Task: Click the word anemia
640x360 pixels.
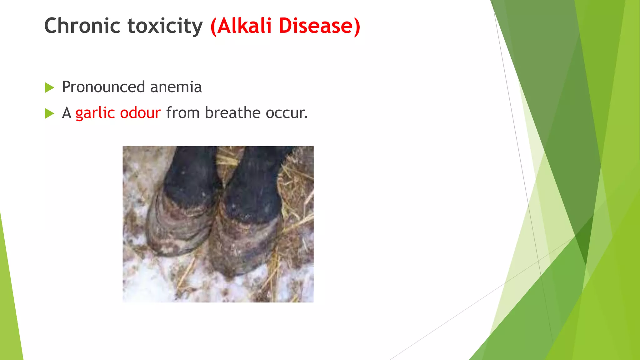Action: point(176,87)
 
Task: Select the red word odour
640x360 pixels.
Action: point(140,113)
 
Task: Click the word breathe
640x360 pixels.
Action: point(232,113)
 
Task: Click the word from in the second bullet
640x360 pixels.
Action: point(183,113)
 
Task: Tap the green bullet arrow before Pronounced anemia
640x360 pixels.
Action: point(49,87)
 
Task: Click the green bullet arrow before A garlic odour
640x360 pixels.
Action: point(49,113)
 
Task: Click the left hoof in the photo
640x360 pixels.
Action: point(178,228)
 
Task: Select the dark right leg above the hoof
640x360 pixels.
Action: point(256,184)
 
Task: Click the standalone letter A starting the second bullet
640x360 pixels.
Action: point(67,113)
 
